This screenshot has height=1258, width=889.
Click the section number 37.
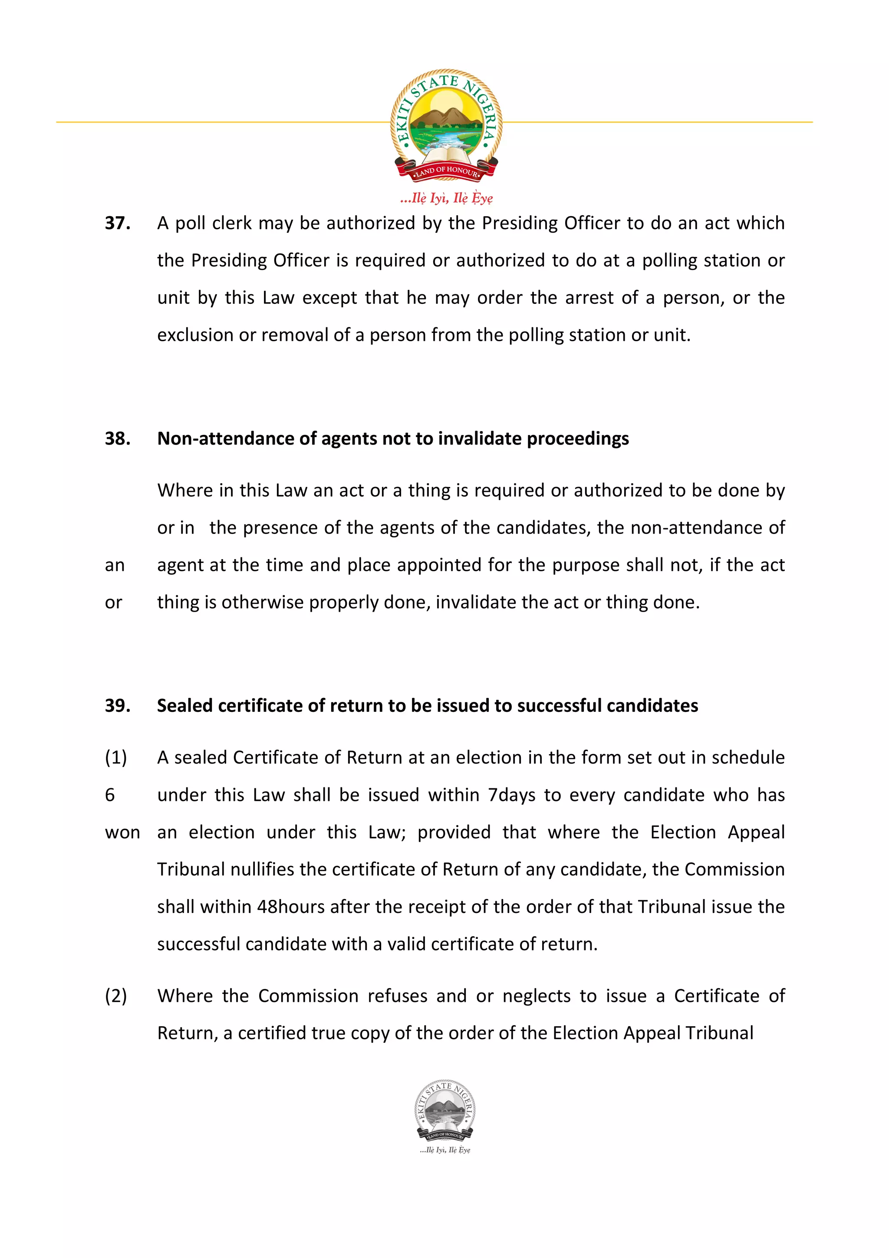click(x=117, y=223)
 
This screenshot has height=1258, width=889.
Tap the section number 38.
click(x=117, y=438)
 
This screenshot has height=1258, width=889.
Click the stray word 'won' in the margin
click(x=122, y=832)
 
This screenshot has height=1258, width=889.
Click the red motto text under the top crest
click(x=446, y=198)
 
